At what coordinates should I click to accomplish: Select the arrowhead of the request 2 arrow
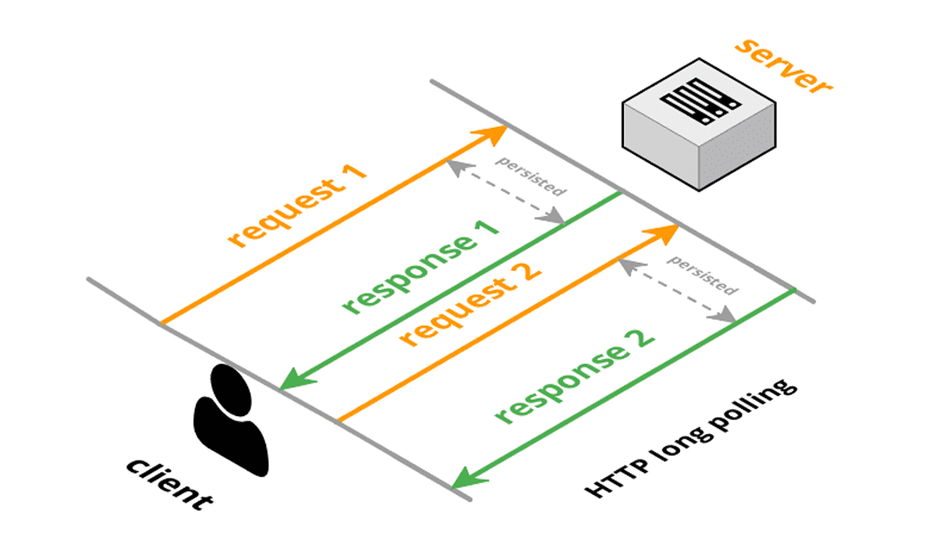coord(667,231)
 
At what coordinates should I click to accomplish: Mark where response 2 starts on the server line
coord(793,290)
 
